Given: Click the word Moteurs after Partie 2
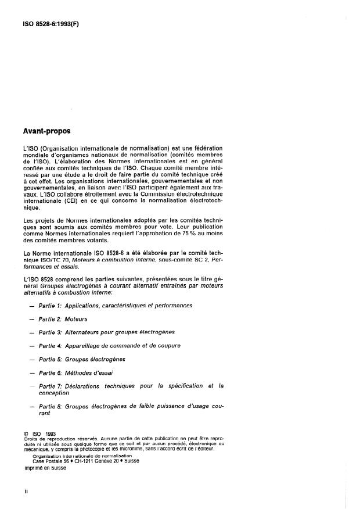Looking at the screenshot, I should pyautogui.click(x=76, y=320).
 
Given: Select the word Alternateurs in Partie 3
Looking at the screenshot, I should pyautogui.click(x=85, y=332).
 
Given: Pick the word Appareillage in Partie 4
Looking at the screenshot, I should pyautogui.click(x=85, y=346).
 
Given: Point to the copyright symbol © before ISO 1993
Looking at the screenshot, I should pyautogui.click(x=26, y=433).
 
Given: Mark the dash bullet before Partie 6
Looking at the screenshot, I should pyautogui.click(x=31, y=372).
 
